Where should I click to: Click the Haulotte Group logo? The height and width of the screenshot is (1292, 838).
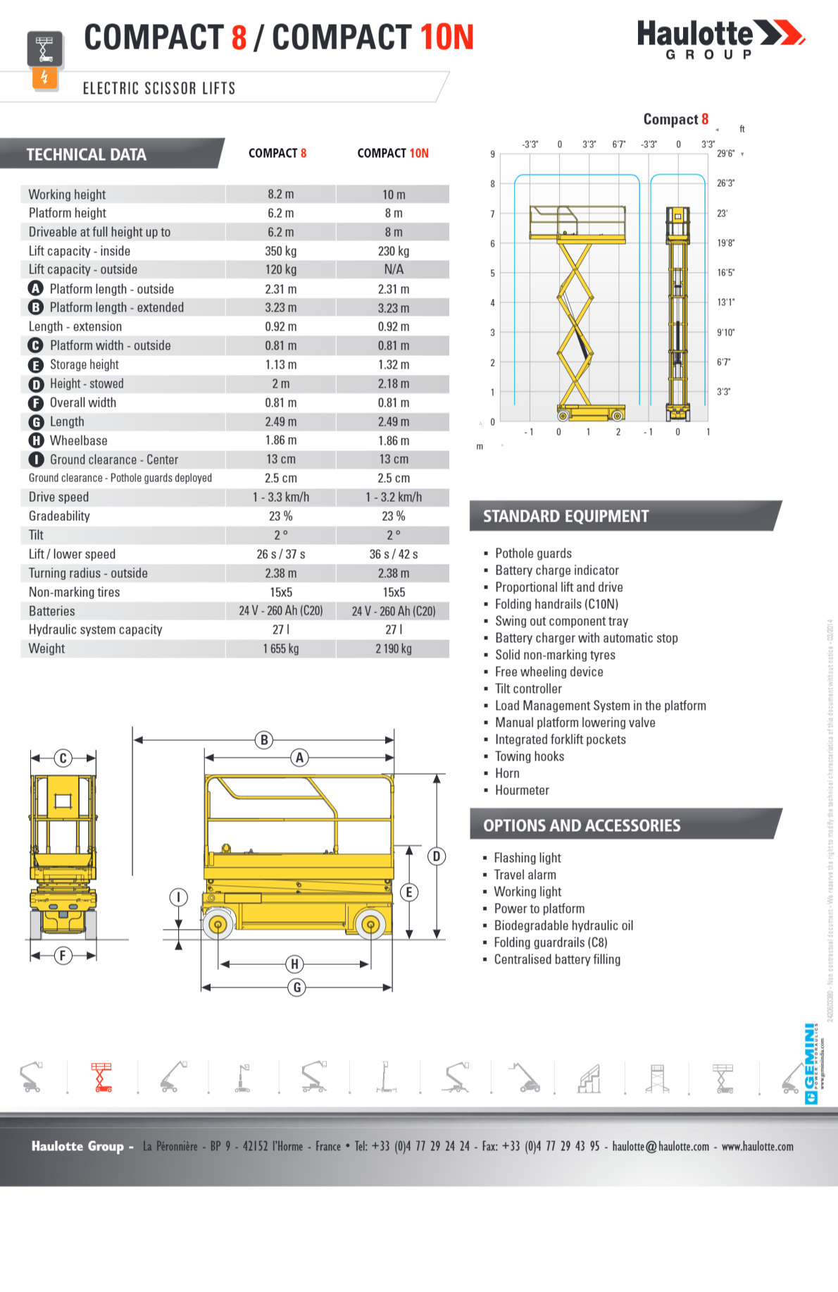[720, 39]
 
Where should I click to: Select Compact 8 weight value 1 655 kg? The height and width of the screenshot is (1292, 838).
[281, 648]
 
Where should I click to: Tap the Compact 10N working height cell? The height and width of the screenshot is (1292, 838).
[394, 195]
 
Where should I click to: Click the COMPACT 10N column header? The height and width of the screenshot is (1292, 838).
[393, 154]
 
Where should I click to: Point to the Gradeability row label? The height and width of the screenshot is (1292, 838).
[59, 516]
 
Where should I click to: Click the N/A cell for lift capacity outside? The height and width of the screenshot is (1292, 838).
[394, 269]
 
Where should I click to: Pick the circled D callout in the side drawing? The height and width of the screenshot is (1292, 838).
[437, 856]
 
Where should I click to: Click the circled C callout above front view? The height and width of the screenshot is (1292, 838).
[63, 758]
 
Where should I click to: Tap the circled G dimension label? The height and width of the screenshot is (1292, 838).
[296, 988]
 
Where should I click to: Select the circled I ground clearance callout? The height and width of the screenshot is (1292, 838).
[178, 897]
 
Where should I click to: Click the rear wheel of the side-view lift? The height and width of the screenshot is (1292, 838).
[218, 924]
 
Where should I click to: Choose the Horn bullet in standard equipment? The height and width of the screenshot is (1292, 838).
[507, 773]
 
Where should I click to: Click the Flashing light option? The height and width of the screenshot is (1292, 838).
[527, 858]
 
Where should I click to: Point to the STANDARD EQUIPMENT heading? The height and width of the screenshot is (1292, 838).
[565, 517]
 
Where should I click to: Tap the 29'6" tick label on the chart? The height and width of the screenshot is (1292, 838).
[725, 154]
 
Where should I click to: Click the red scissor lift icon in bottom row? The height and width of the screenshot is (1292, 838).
[102, 1078]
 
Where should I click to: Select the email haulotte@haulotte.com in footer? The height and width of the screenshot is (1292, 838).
[661, 1147]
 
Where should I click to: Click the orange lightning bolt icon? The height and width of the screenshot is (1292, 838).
[44, 77]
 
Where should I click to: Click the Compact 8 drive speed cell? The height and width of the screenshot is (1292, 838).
[281, 497]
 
